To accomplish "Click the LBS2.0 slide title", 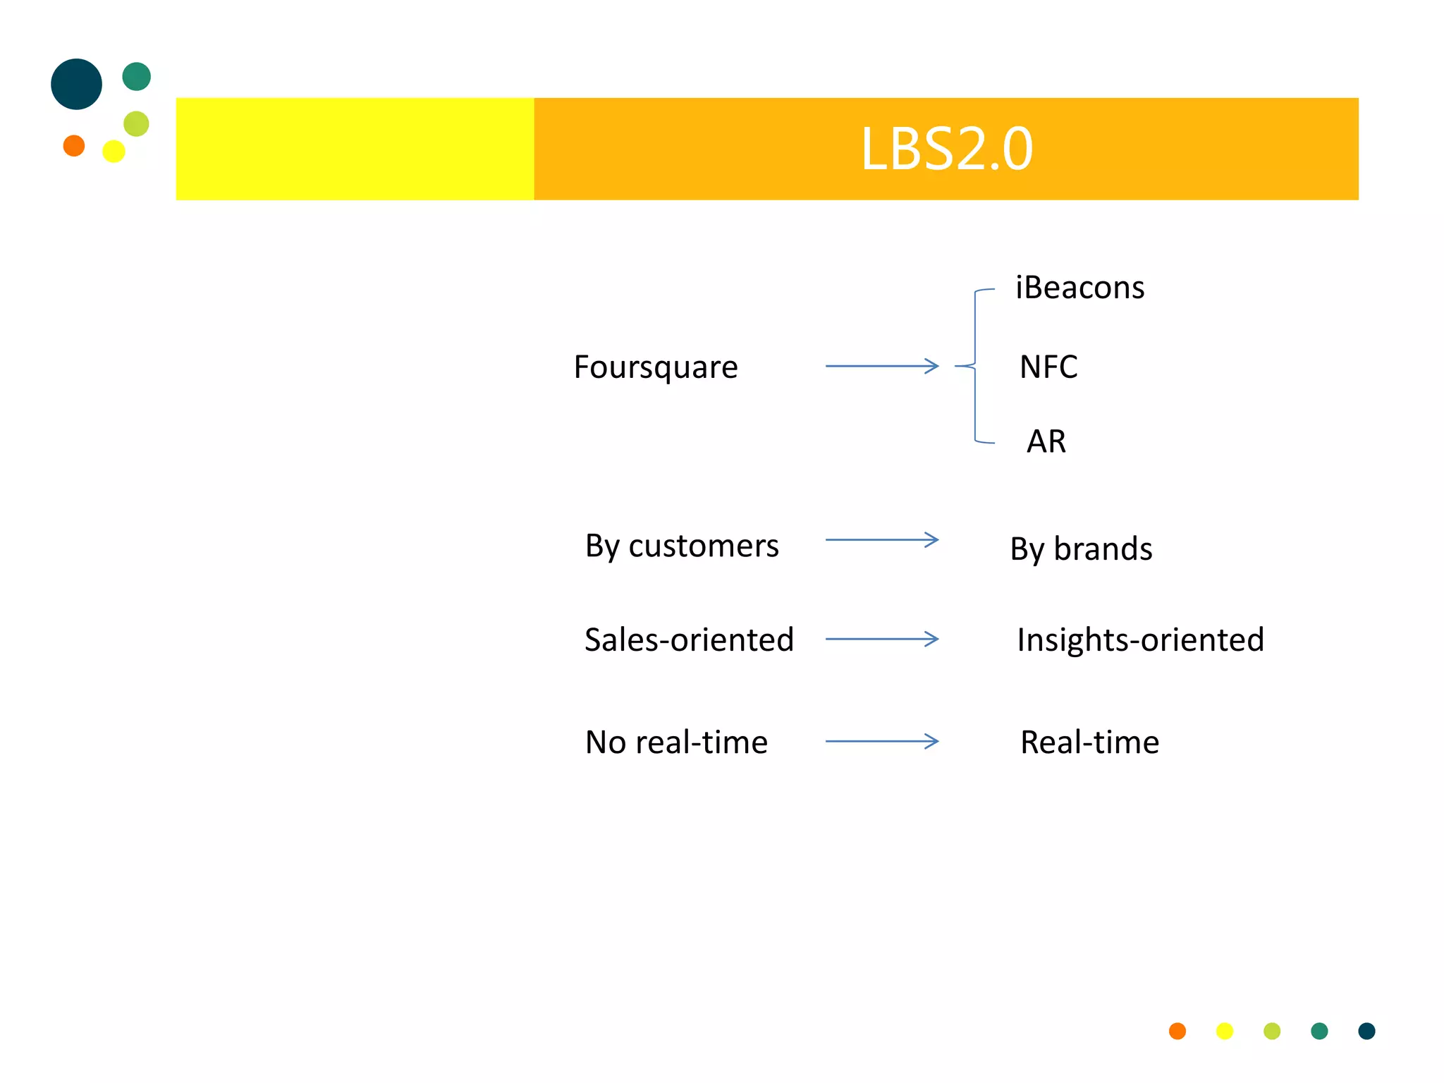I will pyautogui.click(x=946, y=149).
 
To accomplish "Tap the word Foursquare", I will pyautogui.click(x=656, y=367).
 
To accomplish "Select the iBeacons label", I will pyautogui.click(x=1079, y=288).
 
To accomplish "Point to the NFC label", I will pyautogui.click(x=1048, y=367).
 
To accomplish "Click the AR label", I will pyautogui.click(x=1046, y=442).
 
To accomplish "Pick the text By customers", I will pyautogui.click(x=682, y=546).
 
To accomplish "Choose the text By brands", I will pyautogui.click(x=1081, y=549).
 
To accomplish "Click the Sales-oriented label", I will pyautogui.click(x=689, y=640).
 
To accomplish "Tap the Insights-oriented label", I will pyautogui.click(x=1140, y=640).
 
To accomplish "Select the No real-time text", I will pyautogui.click(x=676, y=742).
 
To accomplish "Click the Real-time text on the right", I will pyautogui.click(x=1089, y=742).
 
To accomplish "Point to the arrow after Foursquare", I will pyautogui.click(x=881, y=366).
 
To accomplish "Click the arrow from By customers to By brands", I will pyautogui.click(x=881, y=540).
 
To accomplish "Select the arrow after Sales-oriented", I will pyautogui.click(x=881, y=640).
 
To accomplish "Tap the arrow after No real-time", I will pyautogui.click(x=881, y=741).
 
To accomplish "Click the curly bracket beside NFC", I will pyautogui.click(x=975, y=366).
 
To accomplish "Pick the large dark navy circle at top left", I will pyautogui.click(x=76, y=84).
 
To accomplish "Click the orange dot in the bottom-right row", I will pyautogui.click(x=1177, y=1031).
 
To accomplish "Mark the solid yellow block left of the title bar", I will pyautogui.click(x=355, y=149).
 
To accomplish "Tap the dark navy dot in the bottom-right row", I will pyautogui.click(x=1366, y=1031).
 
